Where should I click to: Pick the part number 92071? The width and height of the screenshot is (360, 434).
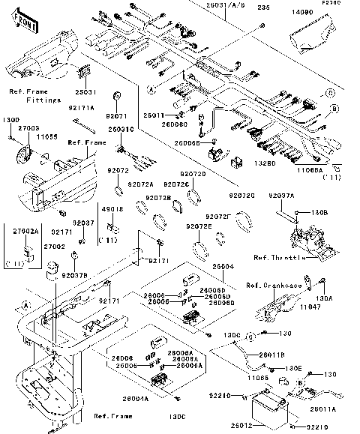click(116, 117)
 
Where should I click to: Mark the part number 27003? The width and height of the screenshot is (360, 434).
click(28, 129)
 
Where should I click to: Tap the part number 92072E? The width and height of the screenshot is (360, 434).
click(198, 226)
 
